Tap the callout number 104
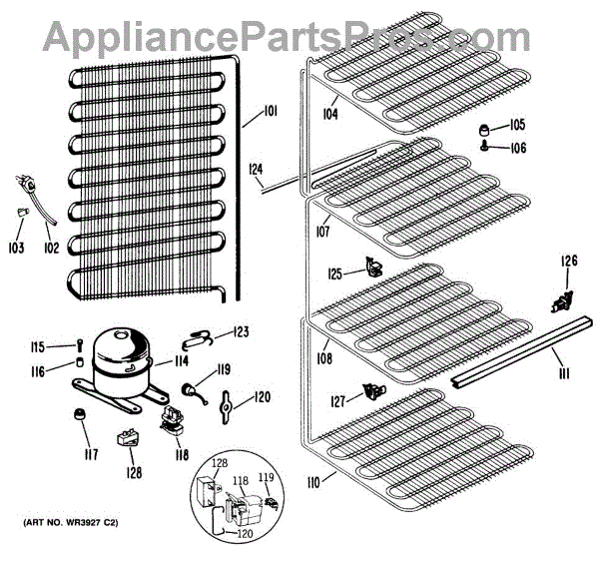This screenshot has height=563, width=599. click(329, 114)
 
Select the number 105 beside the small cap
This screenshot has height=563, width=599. click(516, 126)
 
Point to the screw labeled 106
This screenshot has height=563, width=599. click(485, 147)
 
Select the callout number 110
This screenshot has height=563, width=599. click(313, 483)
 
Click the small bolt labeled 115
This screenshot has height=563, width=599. click(79, 346)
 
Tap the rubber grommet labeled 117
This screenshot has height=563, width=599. click(78, 414)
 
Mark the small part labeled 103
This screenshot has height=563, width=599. click(21, 213)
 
